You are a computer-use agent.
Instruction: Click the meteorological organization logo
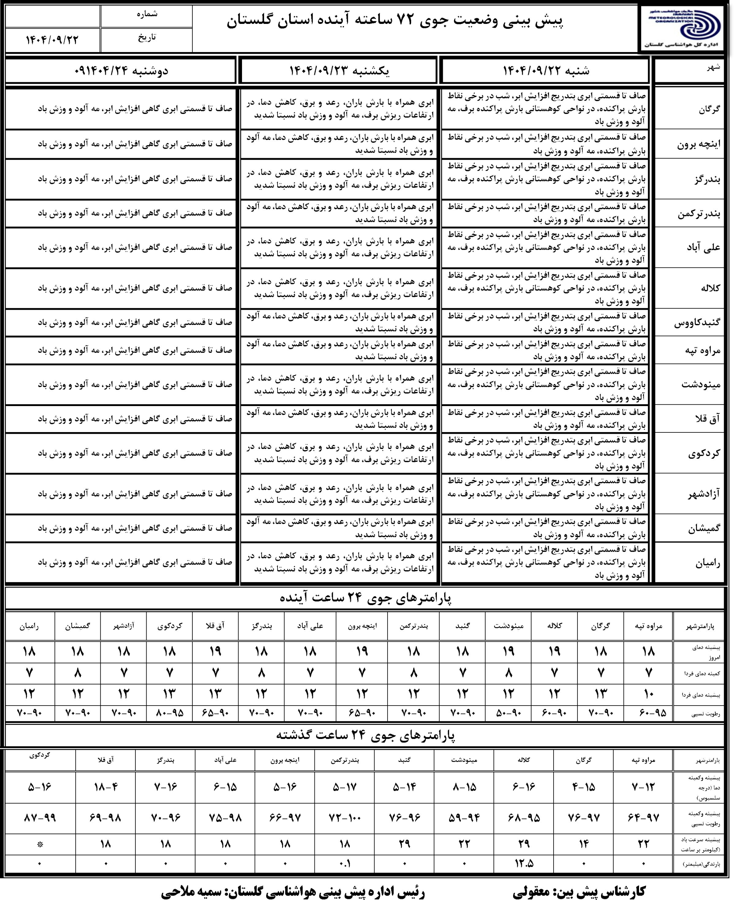point(685,28)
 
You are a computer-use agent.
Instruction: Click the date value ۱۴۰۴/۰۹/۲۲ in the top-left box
point(52,40)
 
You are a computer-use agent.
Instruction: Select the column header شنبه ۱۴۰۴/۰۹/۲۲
point(545,71)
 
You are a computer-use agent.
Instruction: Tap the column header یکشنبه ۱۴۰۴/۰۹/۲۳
point(339,71)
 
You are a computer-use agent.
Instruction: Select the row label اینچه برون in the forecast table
point(698,144)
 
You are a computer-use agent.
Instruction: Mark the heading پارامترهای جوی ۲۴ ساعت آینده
point(366,598)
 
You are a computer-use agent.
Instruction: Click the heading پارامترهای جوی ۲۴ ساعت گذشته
point(366,735)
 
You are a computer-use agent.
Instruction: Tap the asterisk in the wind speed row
point(40,844)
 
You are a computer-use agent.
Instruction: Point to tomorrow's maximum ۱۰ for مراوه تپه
point(649,693)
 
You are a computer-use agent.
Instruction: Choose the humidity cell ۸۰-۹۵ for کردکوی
point(169,713)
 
